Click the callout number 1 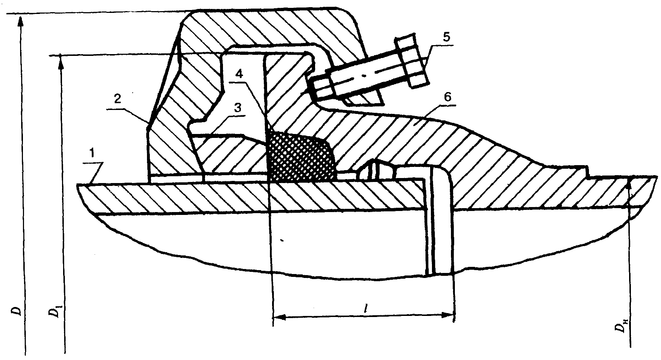pos(92,154)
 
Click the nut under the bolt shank pos(362,99)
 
